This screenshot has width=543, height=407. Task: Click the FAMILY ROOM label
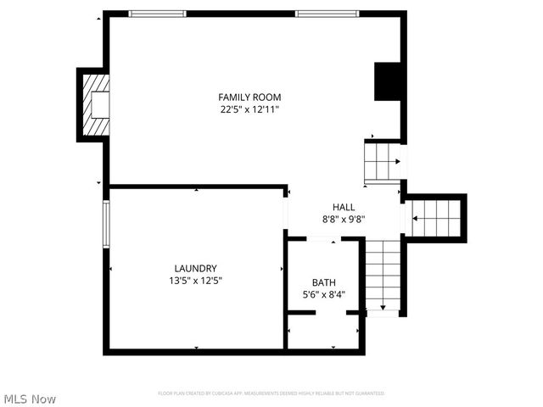249,98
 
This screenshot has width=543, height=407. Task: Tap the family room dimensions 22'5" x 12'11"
249,109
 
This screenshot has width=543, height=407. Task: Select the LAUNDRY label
196,268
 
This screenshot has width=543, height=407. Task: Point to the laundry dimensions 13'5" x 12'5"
196,280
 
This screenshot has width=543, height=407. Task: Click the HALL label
344,207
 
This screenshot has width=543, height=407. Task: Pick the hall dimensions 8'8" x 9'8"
344,219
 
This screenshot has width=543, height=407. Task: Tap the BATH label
323,282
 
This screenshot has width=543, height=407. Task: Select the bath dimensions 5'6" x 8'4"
323,294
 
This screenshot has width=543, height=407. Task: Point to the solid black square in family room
387,81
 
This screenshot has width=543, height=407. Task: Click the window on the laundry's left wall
107,223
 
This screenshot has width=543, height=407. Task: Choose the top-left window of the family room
157,14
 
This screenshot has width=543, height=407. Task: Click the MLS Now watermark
30,399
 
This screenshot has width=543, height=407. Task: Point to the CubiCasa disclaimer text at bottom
271,393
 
